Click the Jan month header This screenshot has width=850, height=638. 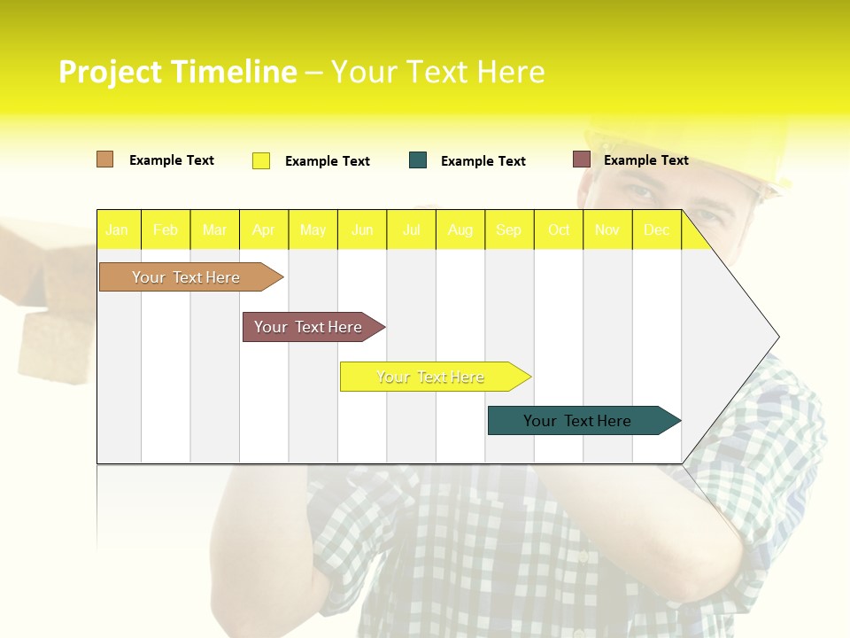(117, 230)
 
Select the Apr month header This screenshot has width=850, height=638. (263, 230)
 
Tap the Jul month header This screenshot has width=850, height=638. (411, 230)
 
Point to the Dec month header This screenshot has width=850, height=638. (656, 230)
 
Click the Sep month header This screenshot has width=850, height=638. (508, 230)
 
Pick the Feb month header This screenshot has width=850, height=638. (165, 230)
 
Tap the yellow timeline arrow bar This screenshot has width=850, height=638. (431, 377)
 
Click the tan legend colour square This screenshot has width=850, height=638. (104, 159)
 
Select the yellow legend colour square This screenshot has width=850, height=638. (260, 160)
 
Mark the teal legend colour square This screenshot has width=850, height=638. (418, 160)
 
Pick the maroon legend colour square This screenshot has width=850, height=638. (581, 159)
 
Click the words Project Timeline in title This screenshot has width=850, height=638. (177, 72)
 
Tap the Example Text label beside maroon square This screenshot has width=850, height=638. (645, 160)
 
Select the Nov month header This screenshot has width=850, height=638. (607, 230)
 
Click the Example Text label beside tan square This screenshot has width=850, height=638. (171, 160)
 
